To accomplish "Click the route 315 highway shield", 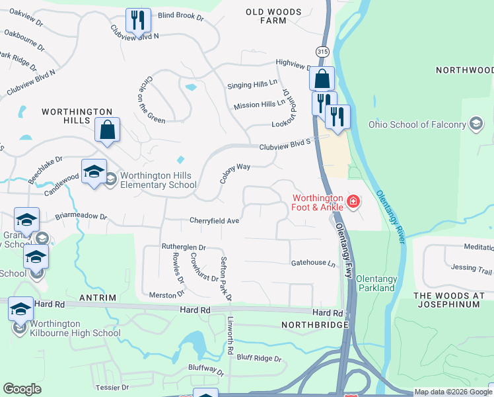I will [x=322, y=52].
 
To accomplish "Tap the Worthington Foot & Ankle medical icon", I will [x=353, y=200].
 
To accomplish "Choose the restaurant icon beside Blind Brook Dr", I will [x=138, y=20].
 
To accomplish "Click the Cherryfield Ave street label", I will [x=215, y=220].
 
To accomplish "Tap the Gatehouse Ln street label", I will [x=314, y=263].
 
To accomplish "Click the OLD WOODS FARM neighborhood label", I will [x=273, y=16].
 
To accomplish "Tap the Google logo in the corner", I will [x=22, y=389].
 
